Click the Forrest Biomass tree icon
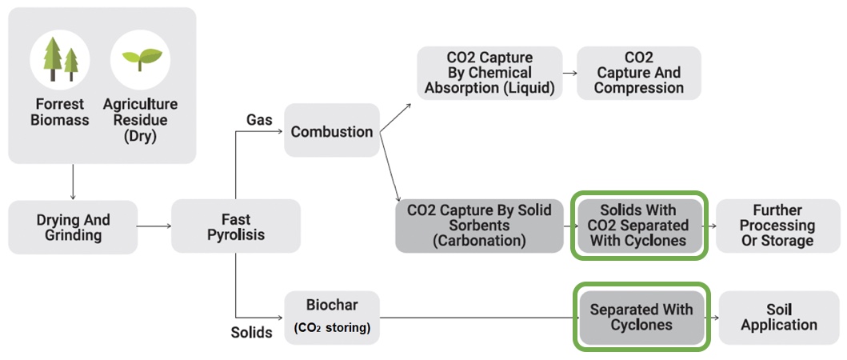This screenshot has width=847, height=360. [59, 59]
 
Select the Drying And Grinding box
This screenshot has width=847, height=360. [73, 227]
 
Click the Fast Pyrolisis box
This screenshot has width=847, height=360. [236, 226]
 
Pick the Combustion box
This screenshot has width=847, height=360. [332, 131]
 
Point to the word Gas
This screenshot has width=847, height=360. [258, 120]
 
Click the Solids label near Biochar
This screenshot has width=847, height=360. [251, 332]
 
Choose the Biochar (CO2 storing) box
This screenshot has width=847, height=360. [332, 318]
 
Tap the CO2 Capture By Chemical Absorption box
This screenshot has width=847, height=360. [489, 73]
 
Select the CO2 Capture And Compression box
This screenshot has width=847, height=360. [639, 73]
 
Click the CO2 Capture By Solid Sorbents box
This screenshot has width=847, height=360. [479, 226]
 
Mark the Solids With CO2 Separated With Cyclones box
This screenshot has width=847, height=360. [639, 226]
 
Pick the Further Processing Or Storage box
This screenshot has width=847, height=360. [778, 226]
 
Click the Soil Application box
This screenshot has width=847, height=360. [779, 318]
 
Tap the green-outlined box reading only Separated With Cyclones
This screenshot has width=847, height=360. [641, 318]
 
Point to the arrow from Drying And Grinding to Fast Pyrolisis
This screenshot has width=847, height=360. [154, 226]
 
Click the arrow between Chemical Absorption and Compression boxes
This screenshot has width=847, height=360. [570, 72]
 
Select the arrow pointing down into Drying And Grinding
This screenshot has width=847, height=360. [73, 182]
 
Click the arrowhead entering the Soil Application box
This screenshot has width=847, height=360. [717, 318]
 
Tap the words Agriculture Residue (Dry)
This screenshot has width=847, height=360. [140, 120]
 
